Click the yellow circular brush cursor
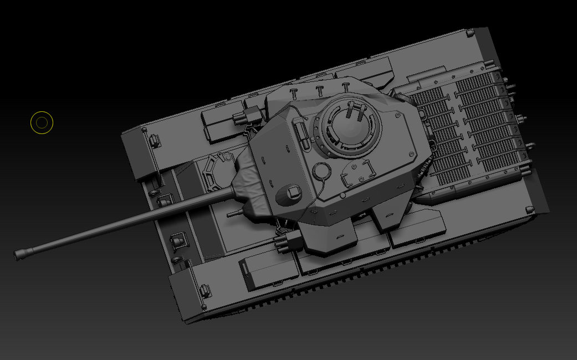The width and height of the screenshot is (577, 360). pyautogui.click(x=42, y=123)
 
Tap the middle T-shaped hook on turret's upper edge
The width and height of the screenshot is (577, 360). pyautogui.click(x=319, y=91)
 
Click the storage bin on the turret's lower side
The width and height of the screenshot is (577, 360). pyautogui.click(x=330, y=239)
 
